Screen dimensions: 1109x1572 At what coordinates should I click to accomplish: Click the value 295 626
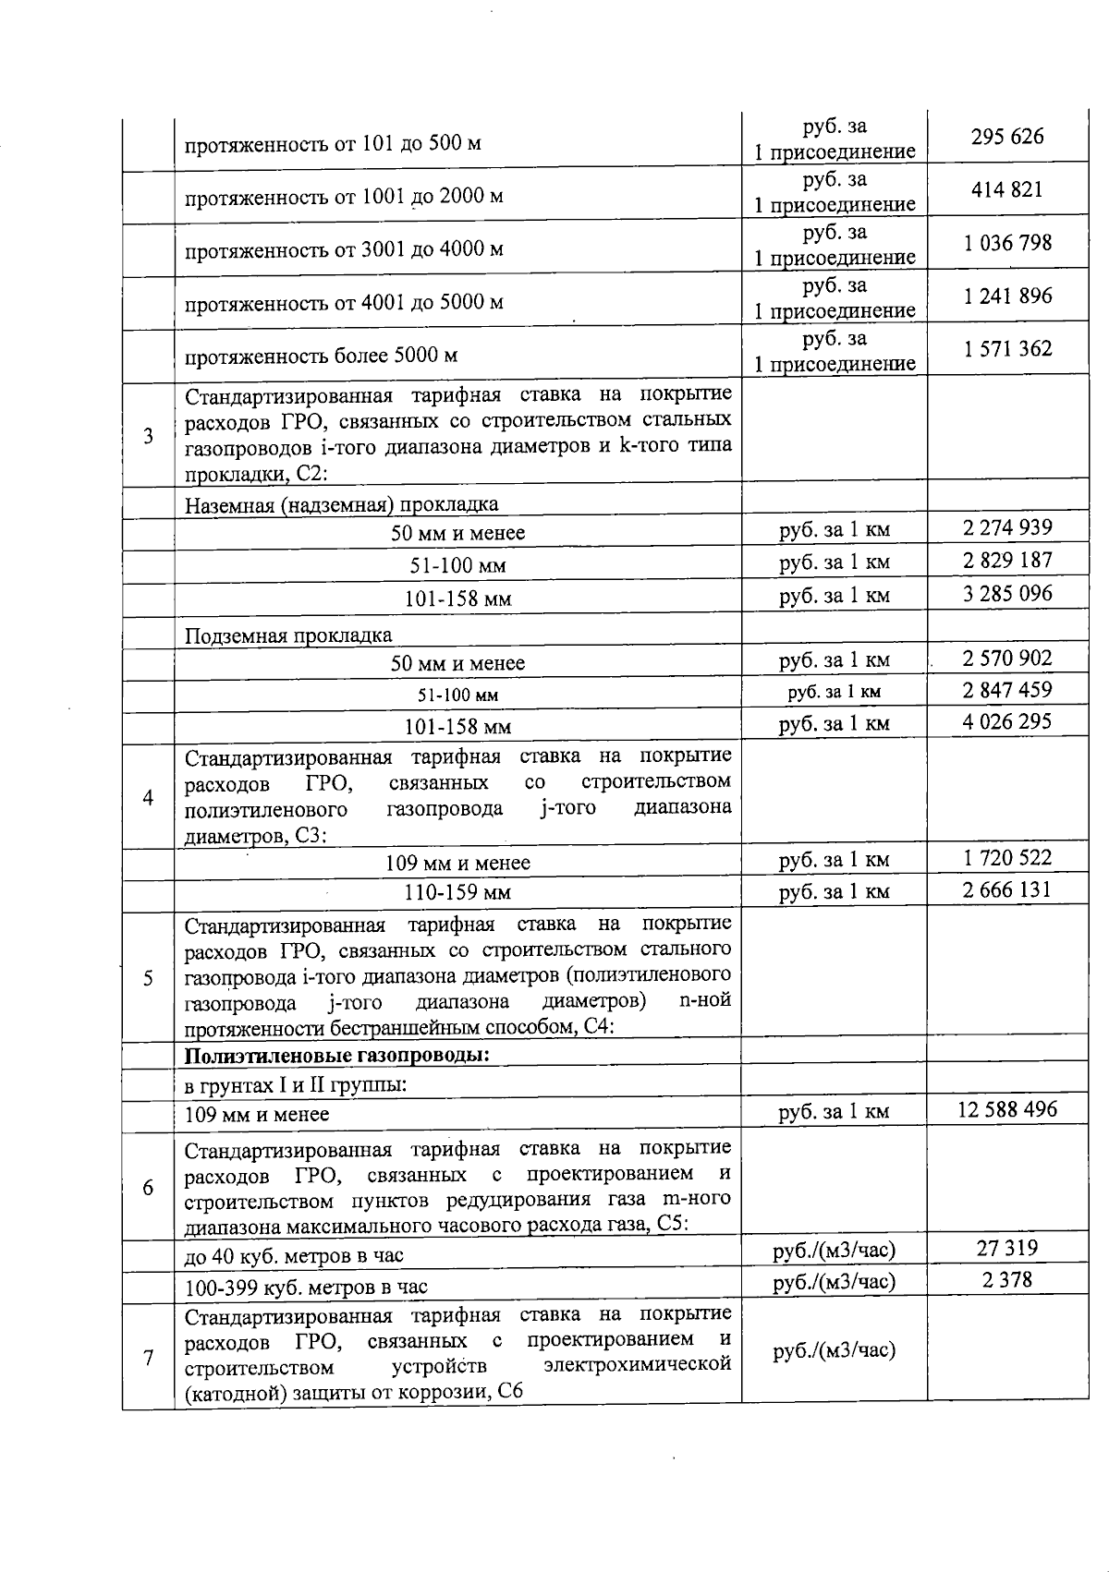click(x=1007, y=137)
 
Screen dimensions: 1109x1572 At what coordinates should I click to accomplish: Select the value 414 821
click(x=1007, y=190)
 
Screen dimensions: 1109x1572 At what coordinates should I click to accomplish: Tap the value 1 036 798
click(x=1007, y=244)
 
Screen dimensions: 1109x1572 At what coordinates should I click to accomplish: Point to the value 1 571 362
click(x=1007, y=349)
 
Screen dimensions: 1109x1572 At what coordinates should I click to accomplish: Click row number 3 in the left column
click(x=148, y=436)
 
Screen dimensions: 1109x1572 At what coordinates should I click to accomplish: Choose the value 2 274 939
click(x=1007, y=528)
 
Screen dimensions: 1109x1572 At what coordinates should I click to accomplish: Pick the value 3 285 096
click(x=1007, y=594)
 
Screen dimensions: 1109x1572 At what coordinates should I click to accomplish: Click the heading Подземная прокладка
click(x=288, y=635)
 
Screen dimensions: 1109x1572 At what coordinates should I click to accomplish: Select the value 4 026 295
click(x=1007, y=721)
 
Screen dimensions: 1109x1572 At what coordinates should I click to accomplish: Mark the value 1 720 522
click(x=1007, y=858)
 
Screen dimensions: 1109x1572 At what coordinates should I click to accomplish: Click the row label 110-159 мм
click(x=457, y=893)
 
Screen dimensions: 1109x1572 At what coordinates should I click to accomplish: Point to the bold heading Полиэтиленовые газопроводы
click(x=337, y=1056)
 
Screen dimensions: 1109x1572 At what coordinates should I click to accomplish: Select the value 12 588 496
click(x=1007, y=1110)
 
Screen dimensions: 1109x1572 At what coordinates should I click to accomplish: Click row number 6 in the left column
click(x=148, y=1188)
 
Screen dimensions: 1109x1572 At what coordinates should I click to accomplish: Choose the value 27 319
click(x=1007, y=1249)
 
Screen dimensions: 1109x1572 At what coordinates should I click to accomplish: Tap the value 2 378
click(x=1007, y=1280)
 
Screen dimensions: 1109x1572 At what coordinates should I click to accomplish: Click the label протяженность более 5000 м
click(x=321, y=356)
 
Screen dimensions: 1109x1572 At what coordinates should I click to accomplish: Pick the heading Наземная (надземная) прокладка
click(x=341, y=504)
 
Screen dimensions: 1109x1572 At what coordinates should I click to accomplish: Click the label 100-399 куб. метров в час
click(x=306, y=1288)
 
